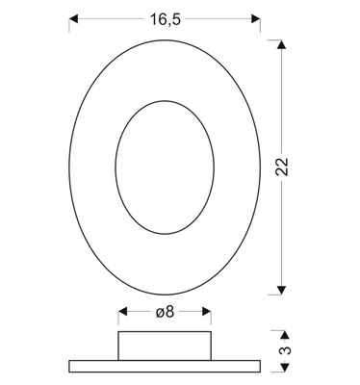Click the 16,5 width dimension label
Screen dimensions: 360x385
tap(166, 19)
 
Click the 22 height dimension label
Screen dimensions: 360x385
tap(283, 167)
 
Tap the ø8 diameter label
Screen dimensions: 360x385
tap(165, 312)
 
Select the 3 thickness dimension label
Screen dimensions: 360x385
tap(287, 349)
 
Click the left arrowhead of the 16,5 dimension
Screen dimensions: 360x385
tap(73, 19)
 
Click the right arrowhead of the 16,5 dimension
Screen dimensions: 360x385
tap(256, 19)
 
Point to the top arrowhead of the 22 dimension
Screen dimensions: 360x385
tap(281, 44)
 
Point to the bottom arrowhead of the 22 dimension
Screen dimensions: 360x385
tap(281, 290)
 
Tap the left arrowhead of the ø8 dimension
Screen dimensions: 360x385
tap(122, 311)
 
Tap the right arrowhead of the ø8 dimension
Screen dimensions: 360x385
tap(207, 311)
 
